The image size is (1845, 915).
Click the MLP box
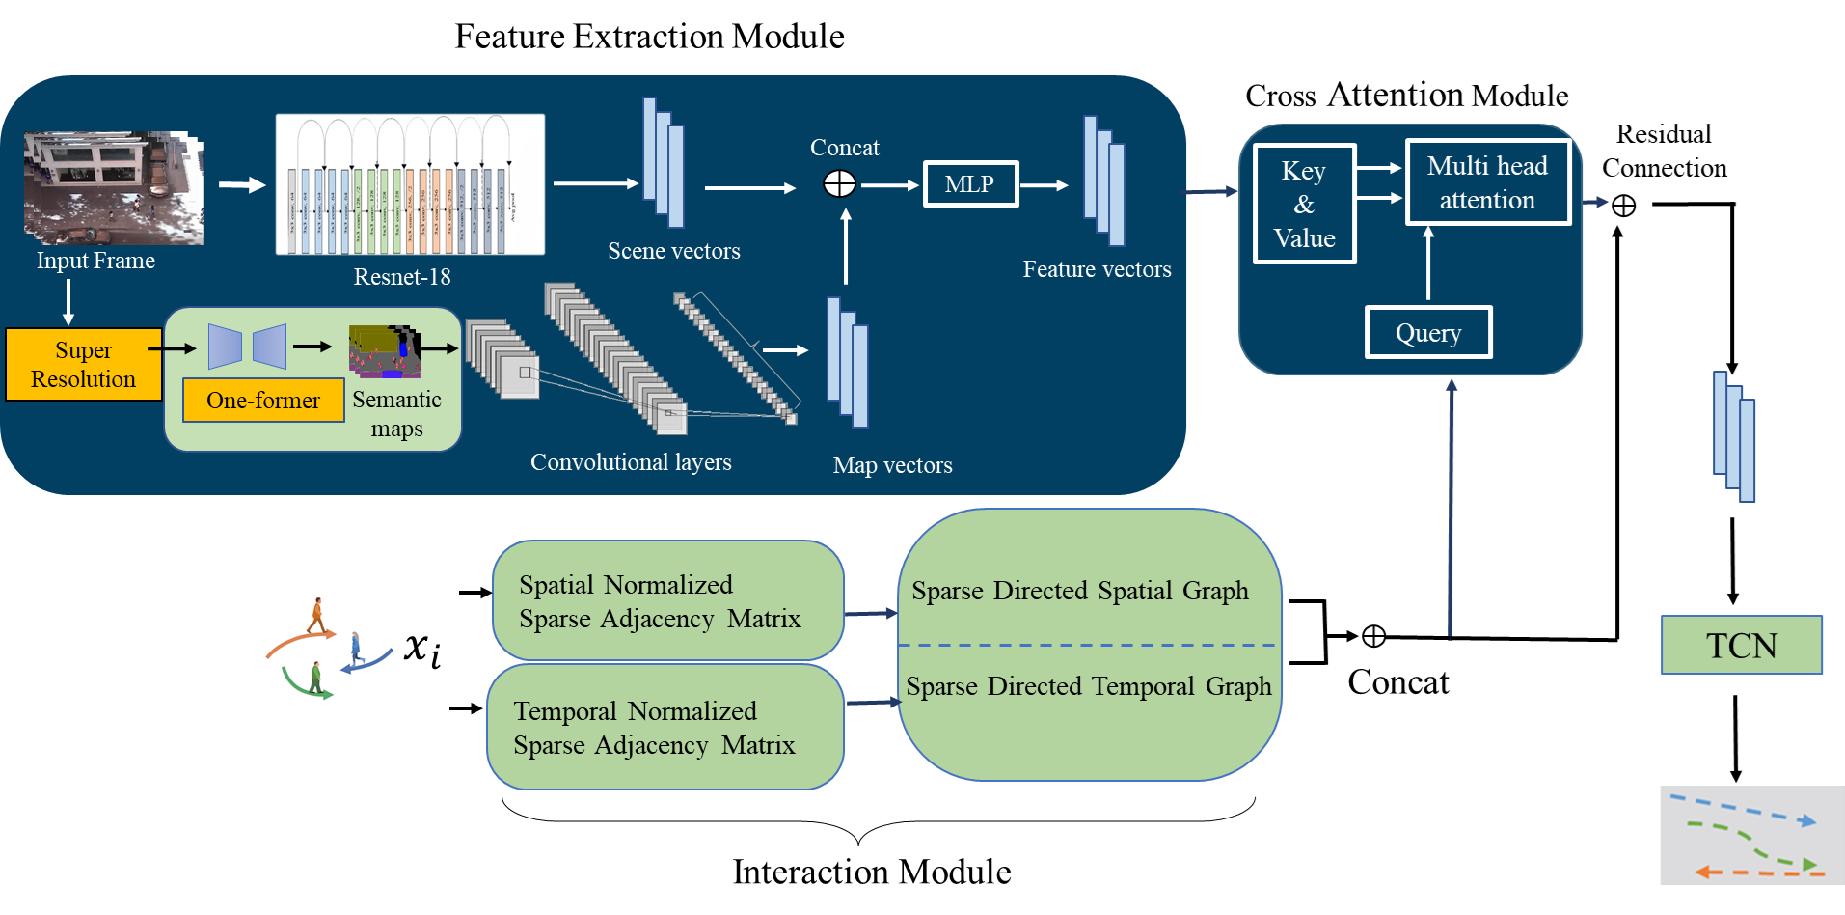click(x=970, y=184)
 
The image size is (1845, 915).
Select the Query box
click(x=1428, y=333)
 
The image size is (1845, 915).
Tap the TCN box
click(x=1741, y=645)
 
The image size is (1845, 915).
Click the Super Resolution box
click(x=84, y=365)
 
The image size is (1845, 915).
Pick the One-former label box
click(x=263, y=401)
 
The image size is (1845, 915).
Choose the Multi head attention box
click(x=1487, y=182)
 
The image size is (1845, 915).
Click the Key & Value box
click(x=1304, y=205)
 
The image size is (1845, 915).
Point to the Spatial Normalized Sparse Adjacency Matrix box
click(x=667, y=601)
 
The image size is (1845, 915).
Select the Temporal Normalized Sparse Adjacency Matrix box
click(x=665, y=728)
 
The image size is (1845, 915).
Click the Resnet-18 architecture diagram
click(x=410, y=184)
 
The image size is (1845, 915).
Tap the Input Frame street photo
click(x=114, y=187)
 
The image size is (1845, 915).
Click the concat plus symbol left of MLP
click(x=839, y=184)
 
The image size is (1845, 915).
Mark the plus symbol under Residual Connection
click(x=1624, y=206)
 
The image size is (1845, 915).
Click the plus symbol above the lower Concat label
click(x=1373, y=636)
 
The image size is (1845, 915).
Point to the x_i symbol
click(x=422, y=649)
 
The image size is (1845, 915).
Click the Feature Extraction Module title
click(x=649, y=37)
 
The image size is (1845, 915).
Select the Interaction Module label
click(x=871, y=872)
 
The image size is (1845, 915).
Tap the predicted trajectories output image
click(x=1751, y=835)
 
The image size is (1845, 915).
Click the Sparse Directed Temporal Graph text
click(x=1088, y=686)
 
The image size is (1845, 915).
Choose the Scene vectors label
click(x=673, y=251)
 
